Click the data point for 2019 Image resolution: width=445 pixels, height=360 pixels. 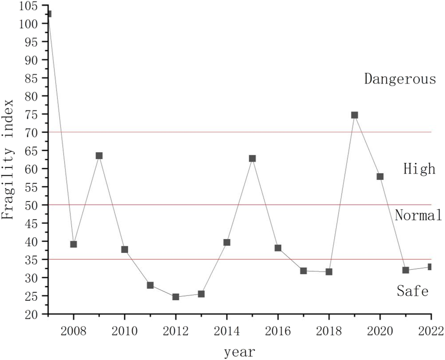click(355, 115)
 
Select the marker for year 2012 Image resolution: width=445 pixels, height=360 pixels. click(176, 297)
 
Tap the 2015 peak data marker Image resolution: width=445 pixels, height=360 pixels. click(252, 158)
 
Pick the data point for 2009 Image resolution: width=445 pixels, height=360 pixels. click(99, 156)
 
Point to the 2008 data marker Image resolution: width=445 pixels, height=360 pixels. click(73, 244)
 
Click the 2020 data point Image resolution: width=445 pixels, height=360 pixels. click(380, 177)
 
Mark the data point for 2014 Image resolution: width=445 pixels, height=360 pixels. click(227, 243)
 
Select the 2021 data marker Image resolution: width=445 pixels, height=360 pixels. click(405, 270)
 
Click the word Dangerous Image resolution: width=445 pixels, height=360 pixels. click(400, 79)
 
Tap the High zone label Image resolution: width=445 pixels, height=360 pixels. click(419, 169)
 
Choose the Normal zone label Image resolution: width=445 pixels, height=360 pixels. click(418, 216)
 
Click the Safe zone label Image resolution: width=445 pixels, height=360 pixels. click(413, 291)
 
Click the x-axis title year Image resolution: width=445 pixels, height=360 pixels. click(239, 352)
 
